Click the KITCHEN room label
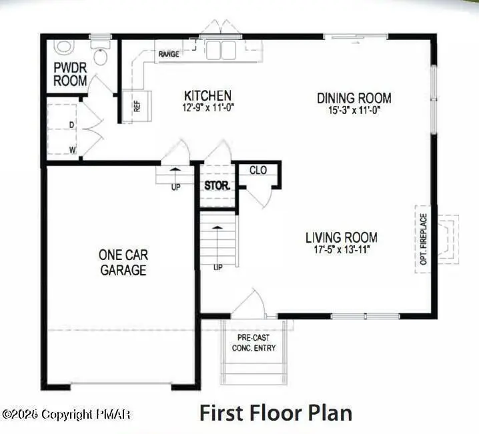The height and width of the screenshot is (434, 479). pyautogui.click(x=207, y=96)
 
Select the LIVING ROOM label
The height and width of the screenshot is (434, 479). pyautogui.click(x=341, y=237)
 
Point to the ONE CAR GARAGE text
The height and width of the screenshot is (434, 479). pyautogui.click(x=123, y=262)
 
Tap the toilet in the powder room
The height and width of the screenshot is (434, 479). pyautogui.click(x=101, y=55)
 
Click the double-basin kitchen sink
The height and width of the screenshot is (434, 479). pyautogui.click(x=221, y=50)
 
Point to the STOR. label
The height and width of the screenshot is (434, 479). pyautogui.click(x=217, y=185)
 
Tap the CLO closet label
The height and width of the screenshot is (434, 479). pyautogui.click(x=258, y=170)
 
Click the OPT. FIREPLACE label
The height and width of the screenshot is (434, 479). pyautogui.click(x=424, y=239)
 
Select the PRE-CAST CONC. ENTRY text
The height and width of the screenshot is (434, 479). pyautogui.click(x=254, y=343)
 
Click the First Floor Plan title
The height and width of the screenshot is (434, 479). pyautogui.click(x=276, y=413)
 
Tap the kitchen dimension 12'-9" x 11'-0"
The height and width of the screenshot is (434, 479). pyautogui.click(x=207, y=107)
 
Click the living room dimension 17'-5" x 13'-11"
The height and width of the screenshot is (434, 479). pyautogui.click(x=341, y=249)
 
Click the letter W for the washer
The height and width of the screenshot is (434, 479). pyautogui.click(x=72, y=149)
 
